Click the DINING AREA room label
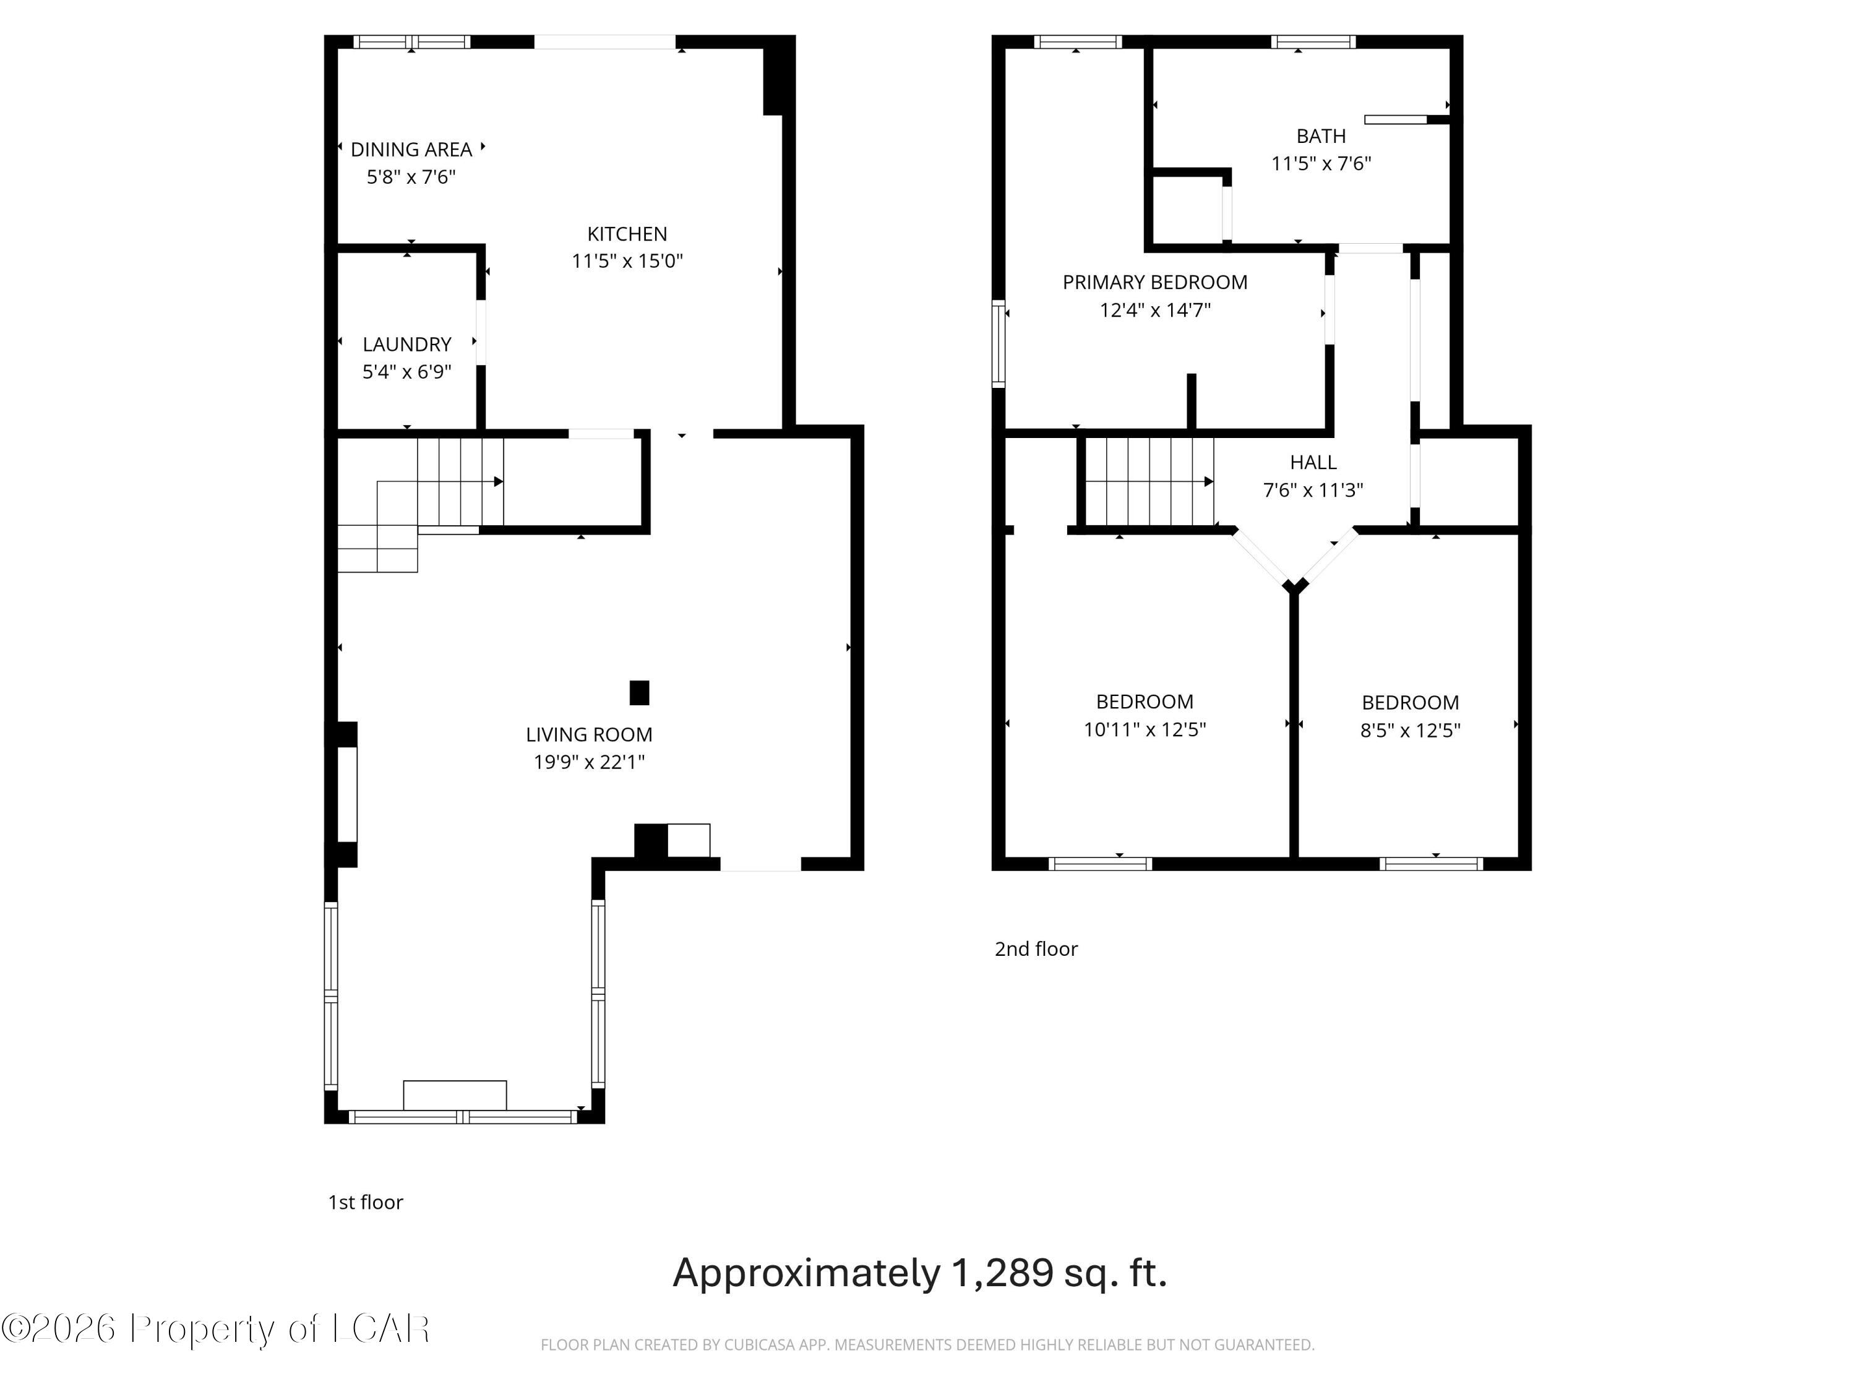pyautogui.click(x=411, y=149)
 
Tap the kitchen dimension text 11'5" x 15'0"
pyautogui.click(x=627, y=261)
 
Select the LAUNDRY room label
pyautogui.click(x=407, y=344)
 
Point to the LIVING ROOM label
pyautogui.click(x=589, y=734)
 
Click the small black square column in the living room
pyautogui.click(x=639, y=693)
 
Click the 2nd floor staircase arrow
pyautogui.click(x=1208, y=481)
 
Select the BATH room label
pyautogui.click(x=1321, y=136)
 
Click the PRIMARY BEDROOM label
pyautogui.click(x=1154, y=283)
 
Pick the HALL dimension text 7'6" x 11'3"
pyautogui.click(x=1313, y=490)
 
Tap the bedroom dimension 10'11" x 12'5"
pyautogui.click(x=1145, y=729)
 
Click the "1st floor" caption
pyautogui.click(x=365, y=1202)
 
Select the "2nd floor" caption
pyautogui.click(x=1036, y=949)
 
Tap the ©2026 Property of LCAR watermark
pyautogui.click(x=216, y=1328)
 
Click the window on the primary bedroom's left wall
pyautogui.click(x=999, y=344)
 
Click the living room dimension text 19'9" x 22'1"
pyautogui.click(x=589, y=762)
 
